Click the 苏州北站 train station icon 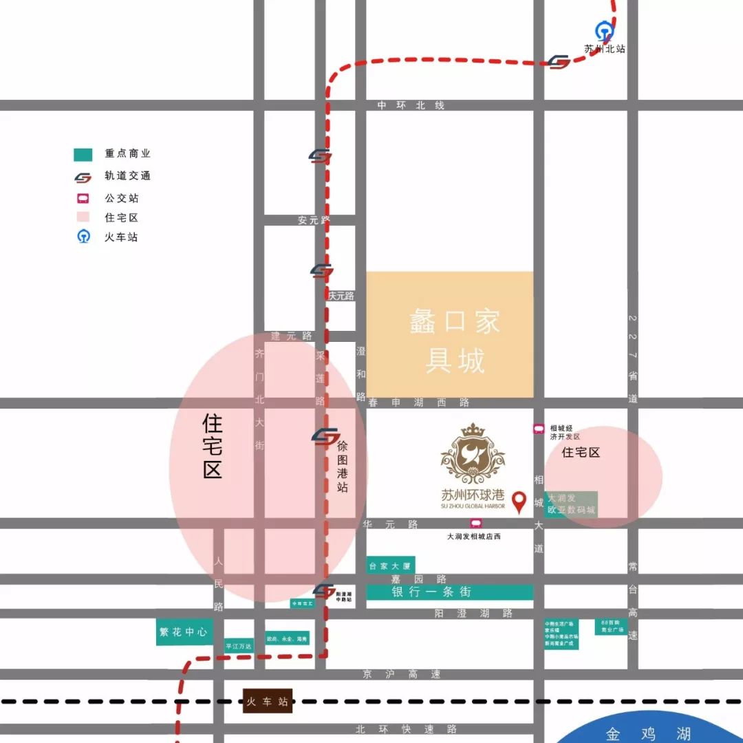(604, 31)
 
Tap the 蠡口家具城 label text (455, 341)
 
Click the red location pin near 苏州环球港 (519, 502)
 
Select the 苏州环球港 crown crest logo (473, 453)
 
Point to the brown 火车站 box (268, 702)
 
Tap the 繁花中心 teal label (184, 632)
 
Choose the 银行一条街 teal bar (449, 592)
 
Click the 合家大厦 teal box (390, 566)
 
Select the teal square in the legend (83, 155)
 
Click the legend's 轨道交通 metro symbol (83, 177)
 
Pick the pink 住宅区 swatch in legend (83, 217)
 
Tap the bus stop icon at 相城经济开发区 (539, 429)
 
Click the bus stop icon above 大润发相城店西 (476, 524)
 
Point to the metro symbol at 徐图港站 (325, 436)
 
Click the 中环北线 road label (411, 105)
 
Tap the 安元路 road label (314, 220)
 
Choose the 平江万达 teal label (239, 646)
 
